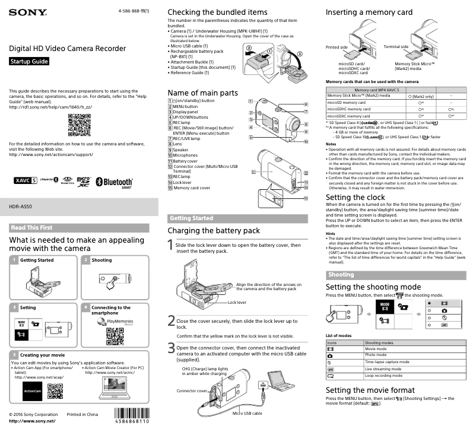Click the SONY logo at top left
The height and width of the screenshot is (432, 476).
28,12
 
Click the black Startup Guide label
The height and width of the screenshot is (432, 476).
29,62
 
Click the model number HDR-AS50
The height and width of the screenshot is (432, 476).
21,207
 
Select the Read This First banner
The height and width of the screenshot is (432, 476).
31,227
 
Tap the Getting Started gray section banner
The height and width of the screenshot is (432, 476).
191,218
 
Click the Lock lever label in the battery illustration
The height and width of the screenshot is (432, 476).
237,302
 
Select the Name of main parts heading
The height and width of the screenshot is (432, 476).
202,93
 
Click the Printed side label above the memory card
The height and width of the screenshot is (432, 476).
337,46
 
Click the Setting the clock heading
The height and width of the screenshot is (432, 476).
355,197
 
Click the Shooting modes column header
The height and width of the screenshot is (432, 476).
379,342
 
